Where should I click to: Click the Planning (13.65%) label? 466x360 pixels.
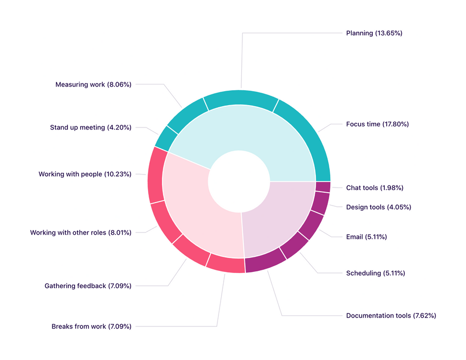(x=374, y=33)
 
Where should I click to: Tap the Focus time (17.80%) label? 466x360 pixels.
(x=377, y=124)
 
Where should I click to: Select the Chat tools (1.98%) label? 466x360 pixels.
(x=374, y=188)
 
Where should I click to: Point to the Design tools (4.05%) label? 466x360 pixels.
(x=378, y=207)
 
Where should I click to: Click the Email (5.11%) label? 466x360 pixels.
(x=366, y=237)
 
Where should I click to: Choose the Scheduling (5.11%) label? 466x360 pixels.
(x=375, y=273)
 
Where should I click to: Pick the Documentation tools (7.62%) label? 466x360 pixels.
(x=391, y=315)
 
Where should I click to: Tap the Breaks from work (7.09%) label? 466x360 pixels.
(x=91, y=326)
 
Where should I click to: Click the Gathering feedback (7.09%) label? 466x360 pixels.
(x=88, y=285)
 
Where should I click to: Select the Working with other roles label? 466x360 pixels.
(x=80, y=233)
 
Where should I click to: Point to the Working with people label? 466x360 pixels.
(x=84, y=174)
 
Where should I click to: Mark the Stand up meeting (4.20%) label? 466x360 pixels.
(x=90, y=127)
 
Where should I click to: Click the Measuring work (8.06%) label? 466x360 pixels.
(x=93, y=84)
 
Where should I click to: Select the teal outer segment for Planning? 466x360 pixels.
(x=240, y=97)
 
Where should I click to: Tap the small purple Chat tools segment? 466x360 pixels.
(x=323, y=187)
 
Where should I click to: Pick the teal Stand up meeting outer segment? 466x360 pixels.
(x=166, y=137)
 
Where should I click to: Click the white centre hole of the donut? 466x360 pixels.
(x=239, y=181)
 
